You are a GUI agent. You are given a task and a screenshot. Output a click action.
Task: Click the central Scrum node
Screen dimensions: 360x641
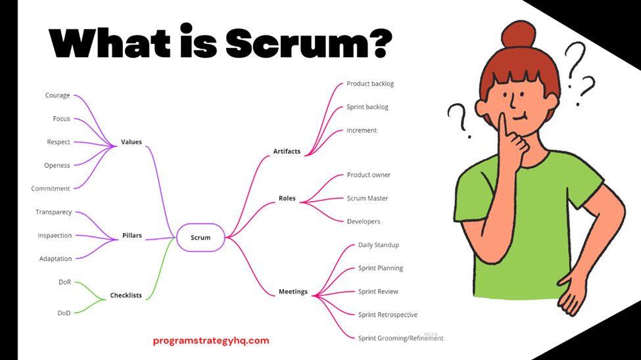pyautogui.click(x=201, y=237)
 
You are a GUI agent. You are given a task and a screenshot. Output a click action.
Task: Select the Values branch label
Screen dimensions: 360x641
pyautogui.click(x=131, y=142)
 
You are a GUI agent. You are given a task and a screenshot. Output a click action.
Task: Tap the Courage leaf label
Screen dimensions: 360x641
pyautogui.click(x=57, y=95)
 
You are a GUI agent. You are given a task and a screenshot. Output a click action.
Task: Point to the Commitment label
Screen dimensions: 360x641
pyautogui.click(x=51, y=189)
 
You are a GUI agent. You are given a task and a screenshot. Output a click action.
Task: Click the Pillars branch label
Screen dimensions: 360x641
pyautogui.click(x=132, y=235)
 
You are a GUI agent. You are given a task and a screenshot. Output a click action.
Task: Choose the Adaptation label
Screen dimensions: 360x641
pyautogui.click(x=55, y=259)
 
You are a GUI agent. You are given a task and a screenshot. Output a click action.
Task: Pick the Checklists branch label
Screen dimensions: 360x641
pyautogui.click(x=126, y=296)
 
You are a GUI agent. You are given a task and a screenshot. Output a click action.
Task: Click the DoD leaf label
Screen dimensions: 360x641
pyautogui.click(x=64, y=313)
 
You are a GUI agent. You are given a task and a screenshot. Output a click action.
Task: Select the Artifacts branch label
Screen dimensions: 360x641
pyautogui.click(x=287, y=151)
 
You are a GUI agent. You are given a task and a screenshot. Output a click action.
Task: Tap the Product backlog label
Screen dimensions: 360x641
pyautogui.click(x=370, y=83)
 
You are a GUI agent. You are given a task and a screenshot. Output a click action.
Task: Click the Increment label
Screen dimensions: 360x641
pyautogui.click(x=362, y=130)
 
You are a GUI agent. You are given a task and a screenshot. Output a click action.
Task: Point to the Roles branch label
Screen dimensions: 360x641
pyautogui.click(x=287, y=198)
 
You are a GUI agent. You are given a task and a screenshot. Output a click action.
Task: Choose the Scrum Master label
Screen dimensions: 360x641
pyautogui.click(x=368, y=198)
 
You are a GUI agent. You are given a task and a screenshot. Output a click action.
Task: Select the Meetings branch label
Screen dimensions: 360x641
pyautogui.click(x=293, y=292)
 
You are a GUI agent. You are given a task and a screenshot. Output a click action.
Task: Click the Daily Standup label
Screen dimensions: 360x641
pyautogui.click(x=379, y=245)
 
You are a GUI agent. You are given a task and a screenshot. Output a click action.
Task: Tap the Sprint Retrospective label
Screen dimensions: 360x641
pyautogui.click(x=388, y=315)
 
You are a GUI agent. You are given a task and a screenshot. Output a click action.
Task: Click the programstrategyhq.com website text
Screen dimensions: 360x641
pyautogui.click(x=211, y=340)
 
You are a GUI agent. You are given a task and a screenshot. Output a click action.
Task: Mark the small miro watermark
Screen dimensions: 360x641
pyautogui.click(x=431, y=334)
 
